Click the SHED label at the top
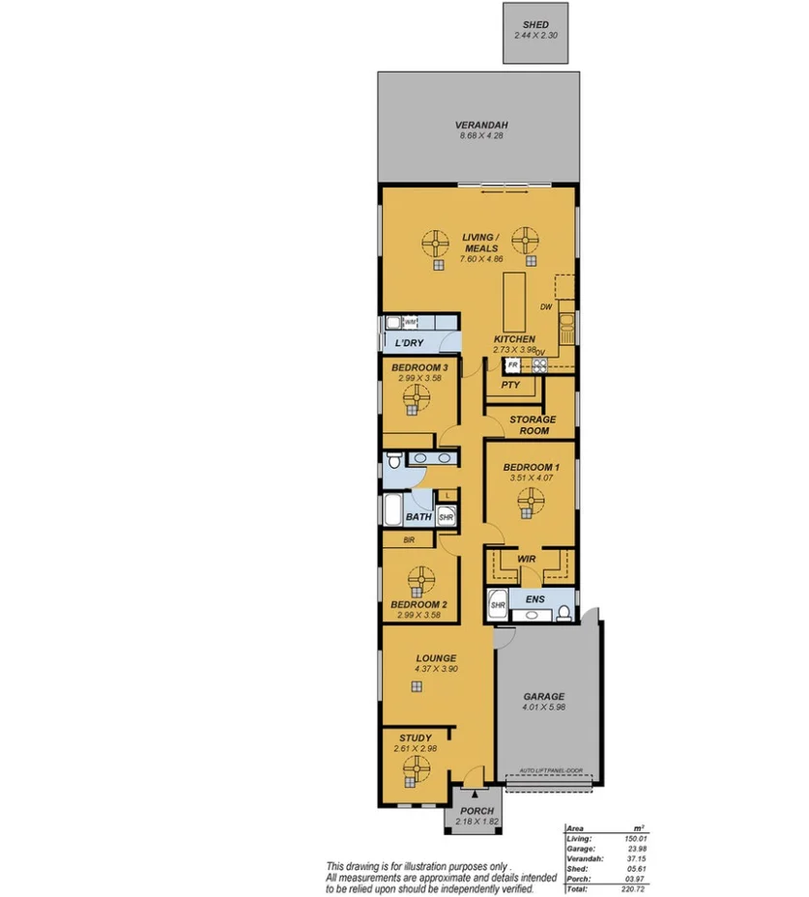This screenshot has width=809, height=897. [x=535, y=24]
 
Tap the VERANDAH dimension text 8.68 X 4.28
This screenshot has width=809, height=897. [x=481, y=136]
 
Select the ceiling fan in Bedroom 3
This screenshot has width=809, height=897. [x=418, y=397]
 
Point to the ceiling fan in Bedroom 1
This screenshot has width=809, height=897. [x=530, y=500]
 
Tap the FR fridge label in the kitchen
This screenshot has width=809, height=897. [x=513, y=364]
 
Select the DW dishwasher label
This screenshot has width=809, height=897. [x=546, y=307]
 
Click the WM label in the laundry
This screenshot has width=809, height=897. [x=410, y=322]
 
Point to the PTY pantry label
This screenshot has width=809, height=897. [x=511, y=385]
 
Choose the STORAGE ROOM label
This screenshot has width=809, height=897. [x=533, y=425]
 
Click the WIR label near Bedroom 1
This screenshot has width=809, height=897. [x=527, y=559]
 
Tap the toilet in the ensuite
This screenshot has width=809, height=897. [x=563, y=611]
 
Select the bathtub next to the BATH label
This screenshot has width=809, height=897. [x=396, y=509]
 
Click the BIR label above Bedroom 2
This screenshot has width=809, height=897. [x=409, y=540]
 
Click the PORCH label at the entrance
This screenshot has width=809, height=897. [x=477, y=811]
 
